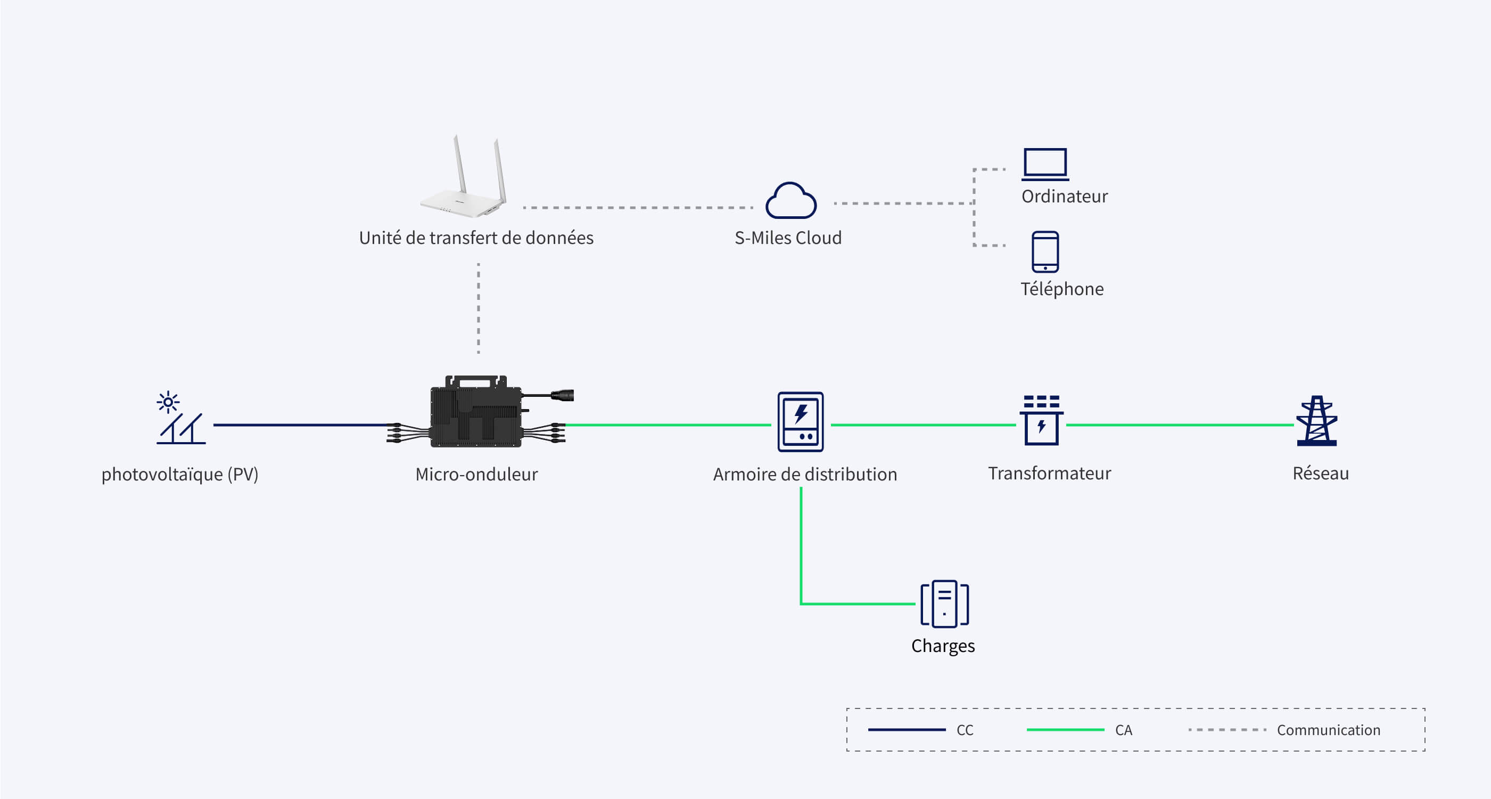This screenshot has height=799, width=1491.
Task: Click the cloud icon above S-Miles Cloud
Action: (x=790, y=201)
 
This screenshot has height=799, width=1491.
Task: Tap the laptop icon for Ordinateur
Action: (x=1045, y=165)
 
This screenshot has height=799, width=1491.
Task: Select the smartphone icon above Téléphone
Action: (x=1045, y=252)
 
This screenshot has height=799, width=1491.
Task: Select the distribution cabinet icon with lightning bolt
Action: (x=801, y=421)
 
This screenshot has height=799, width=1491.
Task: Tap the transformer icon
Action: (x=1041, y=420)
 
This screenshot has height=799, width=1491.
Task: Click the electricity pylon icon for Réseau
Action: (x=1317, y=421)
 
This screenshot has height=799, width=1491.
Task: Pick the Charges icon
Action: (x=945, y=604)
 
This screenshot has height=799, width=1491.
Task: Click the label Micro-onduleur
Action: (x=476, y=474)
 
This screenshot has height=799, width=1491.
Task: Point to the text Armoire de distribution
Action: (x=805, y=474)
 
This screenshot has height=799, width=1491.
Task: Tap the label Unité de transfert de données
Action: (x=476, y=238)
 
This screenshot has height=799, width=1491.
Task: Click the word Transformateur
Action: (x=1049, y=473)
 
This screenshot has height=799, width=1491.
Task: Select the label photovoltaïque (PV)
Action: (x=180, y=474)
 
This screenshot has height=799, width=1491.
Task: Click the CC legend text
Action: (x=965, y=730)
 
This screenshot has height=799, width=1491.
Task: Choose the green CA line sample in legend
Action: (x=1065, y=730)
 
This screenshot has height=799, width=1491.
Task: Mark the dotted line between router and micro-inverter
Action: (x=478, y=308)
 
